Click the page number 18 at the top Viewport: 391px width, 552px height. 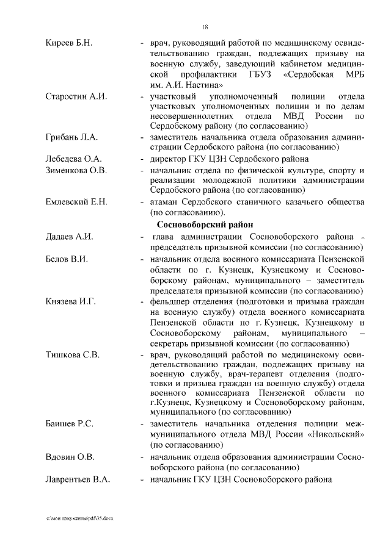pyautogui.click(x=205, y=27)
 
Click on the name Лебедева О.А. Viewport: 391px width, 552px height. pyautogui.click(x=73, y=159)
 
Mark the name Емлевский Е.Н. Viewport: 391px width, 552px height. pyautogui.click(x=76, y=201)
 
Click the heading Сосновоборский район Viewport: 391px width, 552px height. pyautogui.click(x=201, y=224)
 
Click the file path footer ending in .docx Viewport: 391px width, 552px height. pyautogui.click(x=80, y=517)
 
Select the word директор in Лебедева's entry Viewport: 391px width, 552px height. pyautogui.click(x=170, y=159)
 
